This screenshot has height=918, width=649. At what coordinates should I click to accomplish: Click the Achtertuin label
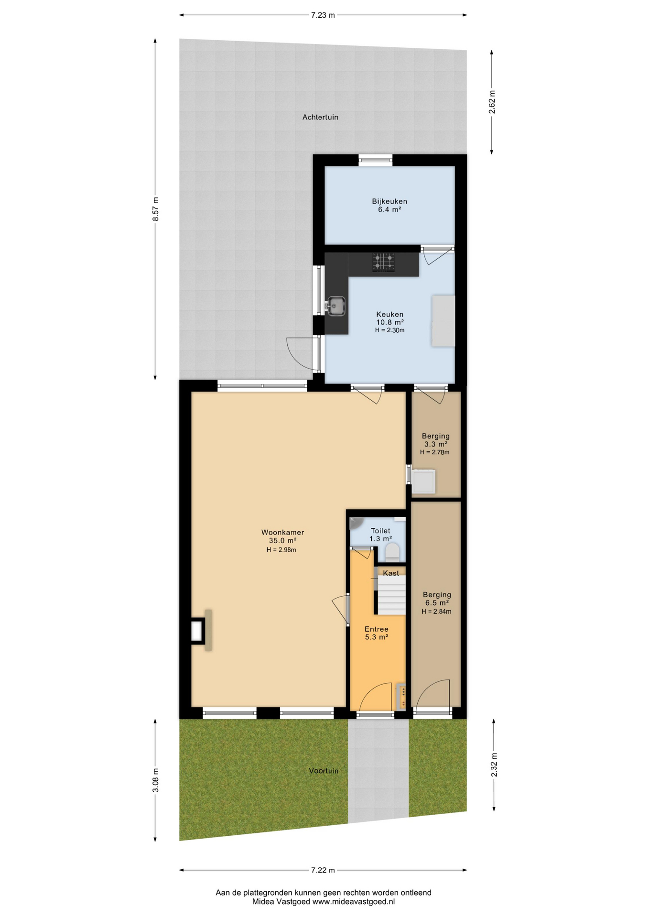coord(320,117)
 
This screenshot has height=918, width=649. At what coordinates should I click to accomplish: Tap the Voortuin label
coord(324,771)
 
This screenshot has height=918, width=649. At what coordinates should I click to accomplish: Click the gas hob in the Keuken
coord(384,262)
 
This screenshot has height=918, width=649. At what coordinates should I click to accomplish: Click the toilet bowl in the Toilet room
coord(392,551)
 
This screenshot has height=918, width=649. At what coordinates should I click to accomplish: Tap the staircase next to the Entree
coord(392,595)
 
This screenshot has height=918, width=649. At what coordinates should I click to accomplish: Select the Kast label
coord(391,573)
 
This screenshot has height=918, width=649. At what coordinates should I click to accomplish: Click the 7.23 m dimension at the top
coord(323,15)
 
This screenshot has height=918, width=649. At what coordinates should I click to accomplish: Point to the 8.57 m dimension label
coord(155,209)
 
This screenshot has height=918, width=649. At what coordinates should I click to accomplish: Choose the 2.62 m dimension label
coord(492,102)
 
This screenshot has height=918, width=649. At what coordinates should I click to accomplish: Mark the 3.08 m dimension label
coord(155,780)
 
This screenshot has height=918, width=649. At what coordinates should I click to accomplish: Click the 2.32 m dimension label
coord(494,765)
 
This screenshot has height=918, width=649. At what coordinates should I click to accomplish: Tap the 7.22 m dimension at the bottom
coord(323,870)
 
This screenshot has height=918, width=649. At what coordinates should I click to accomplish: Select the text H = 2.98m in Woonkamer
coord(281,550)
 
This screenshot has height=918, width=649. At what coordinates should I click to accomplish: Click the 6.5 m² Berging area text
coord(437,603)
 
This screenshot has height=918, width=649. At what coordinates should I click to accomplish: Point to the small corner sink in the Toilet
coord(356,523)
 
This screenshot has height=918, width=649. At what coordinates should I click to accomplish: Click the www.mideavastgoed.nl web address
coord(354,902)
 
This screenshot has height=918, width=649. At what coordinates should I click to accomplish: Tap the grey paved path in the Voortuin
coord(378,771)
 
